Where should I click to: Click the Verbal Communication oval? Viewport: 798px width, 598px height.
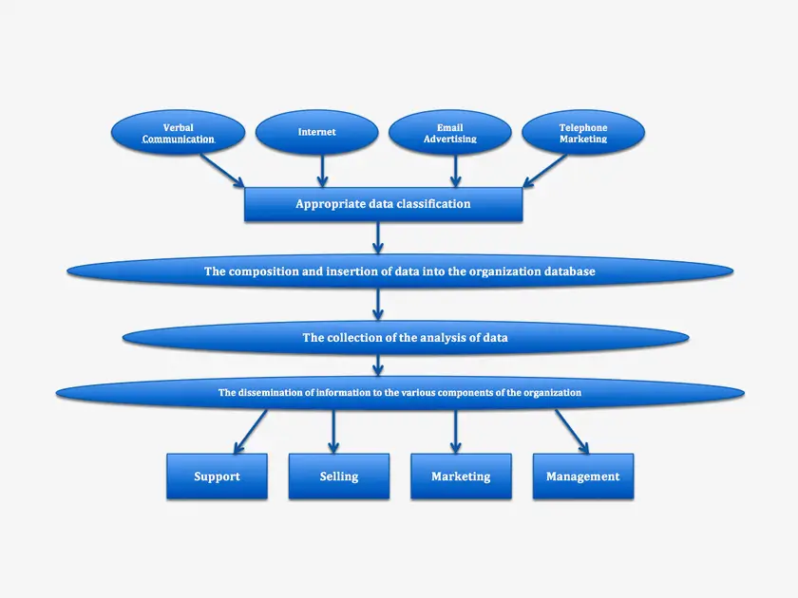pos(179,133)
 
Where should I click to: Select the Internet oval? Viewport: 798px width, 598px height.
pos(317,133)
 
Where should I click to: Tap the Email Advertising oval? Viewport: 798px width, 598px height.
pos(450,133)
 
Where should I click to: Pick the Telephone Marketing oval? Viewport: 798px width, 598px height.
pos(583,133)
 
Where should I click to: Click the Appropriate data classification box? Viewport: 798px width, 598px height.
pos(383,204)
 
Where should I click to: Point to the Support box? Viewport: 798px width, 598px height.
pos(217,477)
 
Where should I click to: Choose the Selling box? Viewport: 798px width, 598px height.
pos(339,477)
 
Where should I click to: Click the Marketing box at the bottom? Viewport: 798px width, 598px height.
pos(461,477)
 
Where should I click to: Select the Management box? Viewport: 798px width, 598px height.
pos(582,477)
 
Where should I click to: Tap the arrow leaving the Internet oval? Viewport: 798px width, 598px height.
pos(321,171)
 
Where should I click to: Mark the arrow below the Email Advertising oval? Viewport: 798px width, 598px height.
pos(456,171)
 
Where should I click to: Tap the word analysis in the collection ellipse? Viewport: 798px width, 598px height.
pos(427,338)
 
